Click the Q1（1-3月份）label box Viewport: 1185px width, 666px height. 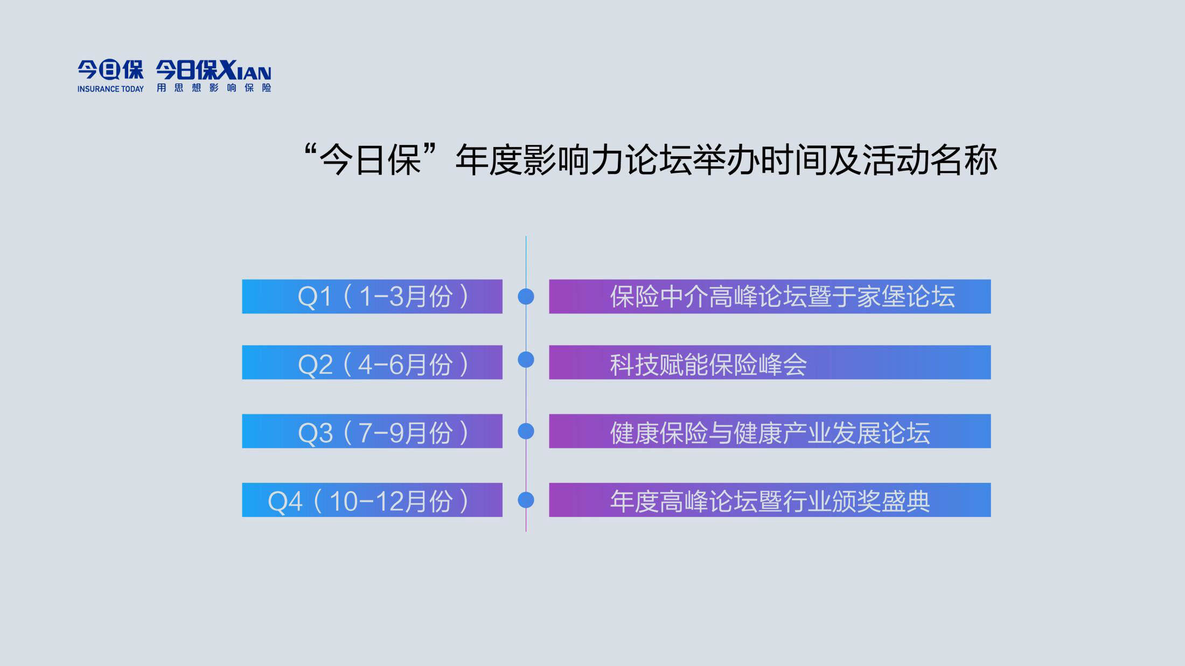click(372, 296)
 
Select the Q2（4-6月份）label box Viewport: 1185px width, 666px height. click(372, 362)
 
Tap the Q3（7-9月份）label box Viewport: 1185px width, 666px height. click(372, 431)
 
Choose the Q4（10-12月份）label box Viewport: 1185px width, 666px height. click(372, 500)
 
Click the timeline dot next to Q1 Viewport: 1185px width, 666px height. click(526, 297)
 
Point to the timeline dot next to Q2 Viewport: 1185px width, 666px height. click(526, 360)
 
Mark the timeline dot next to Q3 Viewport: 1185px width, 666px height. click(526, 431)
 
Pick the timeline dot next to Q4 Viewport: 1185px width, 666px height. click(526, 500)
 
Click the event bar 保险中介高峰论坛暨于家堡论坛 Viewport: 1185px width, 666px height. click(770, 296)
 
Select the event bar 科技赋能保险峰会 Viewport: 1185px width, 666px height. click(770, 362)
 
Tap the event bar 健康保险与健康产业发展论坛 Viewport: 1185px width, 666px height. click(770, 431)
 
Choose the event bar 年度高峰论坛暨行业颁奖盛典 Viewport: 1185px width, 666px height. click(770, 500)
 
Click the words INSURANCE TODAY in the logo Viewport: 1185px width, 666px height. click(110, 89)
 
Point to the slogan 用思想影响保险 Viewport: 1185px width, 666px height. click(214, 88)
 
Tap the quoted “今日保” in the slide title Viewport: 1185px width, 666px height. click(370, 160)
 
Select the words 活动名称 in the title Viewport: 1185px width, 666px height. click(930, 160)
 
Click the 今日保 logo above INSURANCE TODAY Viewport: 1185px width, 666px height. click(110, 70)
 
